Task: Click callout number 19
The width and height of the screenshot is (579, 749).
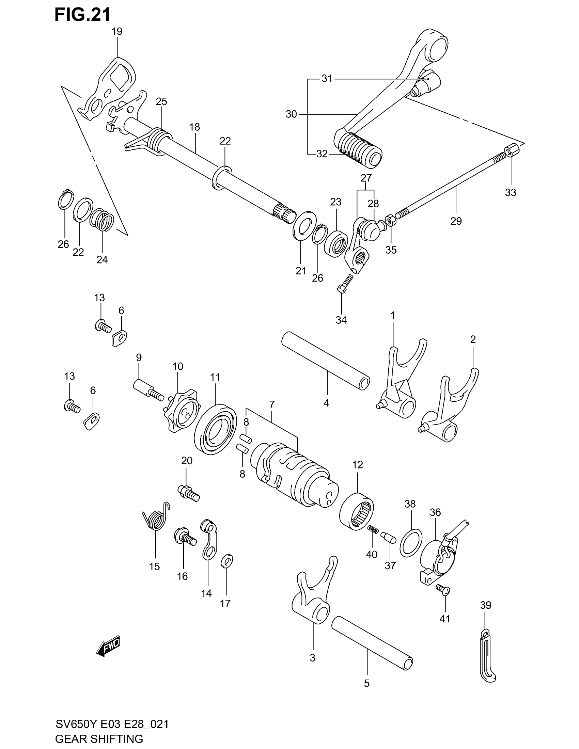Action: (x=117, y=32)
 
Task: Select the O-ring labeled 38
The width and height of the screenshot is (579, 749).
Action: (x=411, y=543)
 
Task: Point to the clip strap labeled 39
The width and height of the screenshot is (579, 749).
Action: (x=487, y=656)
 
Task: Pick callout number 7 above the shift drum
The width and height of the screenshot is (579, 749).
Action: (x=272, y=405)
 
